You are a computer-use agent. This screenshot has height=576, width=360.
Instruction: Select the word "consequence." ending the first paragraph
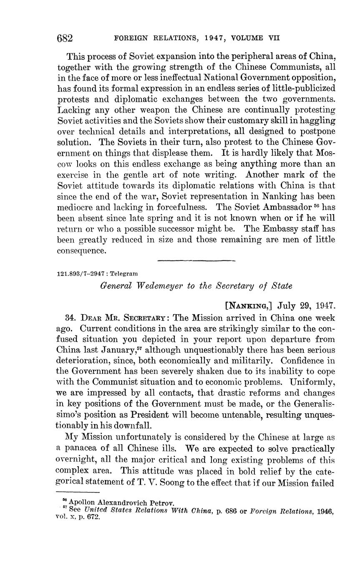point(82,251)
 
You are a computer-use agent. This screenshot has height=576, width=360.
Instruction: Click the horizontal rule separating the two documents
point(196,261)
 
